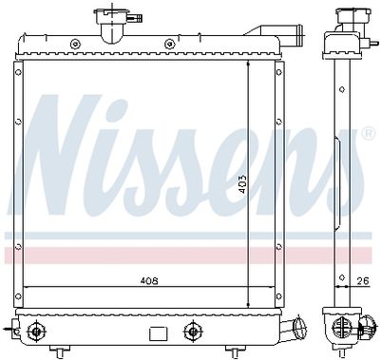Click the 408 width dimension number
coord(149,281)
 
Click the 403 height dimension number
coord(242,184)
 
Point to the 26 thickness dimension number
coord(363,280)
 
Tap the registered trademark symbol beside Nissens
coord(369,133)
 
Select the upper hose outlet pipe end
coord(298,36)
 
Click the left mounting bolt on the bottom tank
coord(36,332)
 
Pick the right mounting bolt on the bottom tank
coord(192,332)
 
